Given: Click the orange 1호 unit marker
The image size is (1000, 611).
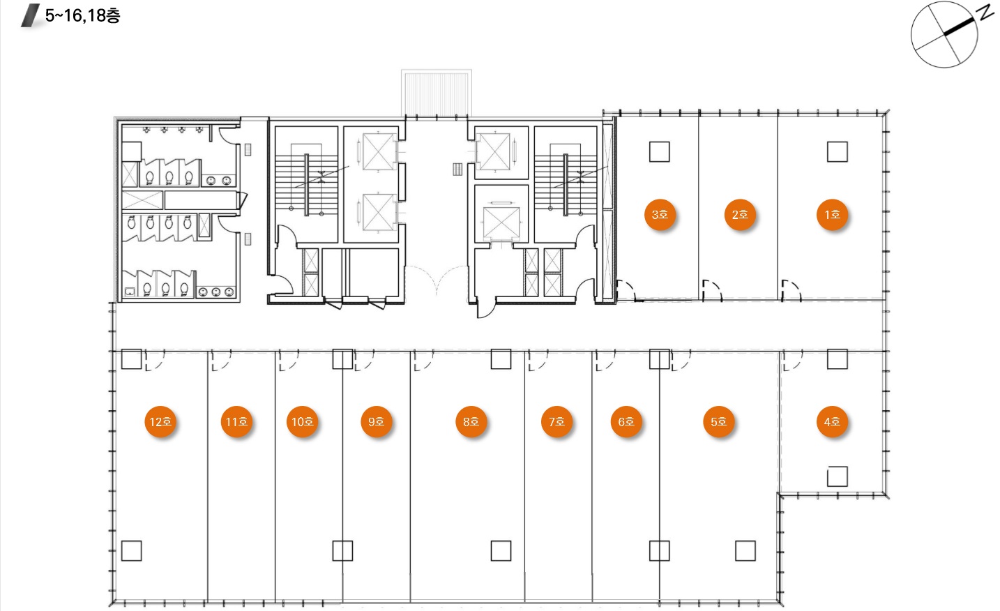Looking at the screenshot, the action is pyautogui.click(x=832, y=215).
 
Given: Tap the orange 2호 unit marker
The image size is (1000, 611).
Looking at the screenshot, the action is pyautogui.click(x=740, y=215).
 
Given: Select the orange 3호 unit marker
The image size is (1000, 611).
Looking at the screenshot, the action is pyautogui.click(x=660, y=215).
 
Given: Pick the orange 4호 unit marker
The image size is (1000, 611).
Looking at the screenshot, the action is pyautogui.click(x=832, y=421).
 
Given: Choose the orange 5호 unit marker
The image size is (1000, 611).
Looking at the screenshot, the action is pyautogui.click(x=719, y=421).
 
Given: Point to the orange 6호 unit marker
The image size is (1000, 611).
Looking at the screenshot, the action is pyautogui.click(x=626, y=421).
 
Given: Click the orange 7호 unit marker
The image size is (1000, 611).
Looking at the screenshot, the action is pyautogui.click(x=556, y=421).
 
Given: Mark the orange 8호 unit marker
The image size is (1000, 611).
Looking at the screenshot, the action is pyautogui.click(x=471, y=421).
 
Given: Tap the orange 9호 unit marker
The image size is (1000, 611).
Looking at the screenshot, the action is pyautogui.click(x=377, y=421).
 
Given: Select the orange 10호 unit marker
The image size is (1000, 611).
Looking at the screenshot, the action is pyautogui.click(x=302, y=421).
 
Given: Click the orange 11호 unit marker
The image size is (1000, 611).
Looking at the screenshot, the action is pyautogui.click(x=236, y=421).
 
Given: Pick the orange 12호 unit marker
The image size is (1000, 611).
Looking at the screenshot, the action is pyautogui.click(x=160, y=421).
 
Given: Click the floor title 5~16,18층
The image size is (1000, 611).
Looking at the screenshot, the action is pyautogui.click(x=82, y=15).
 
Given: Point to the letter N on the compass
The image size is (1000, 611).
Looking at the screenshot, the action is pyautogui.click(x=986, y=13).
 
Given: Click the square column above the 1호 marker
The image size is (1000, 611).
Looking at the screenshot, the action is pyautogui.click(x=837, y=152).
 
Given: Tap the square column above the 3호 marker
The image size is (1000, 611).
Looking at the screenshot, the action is pyautogui.click(x=660, y=152).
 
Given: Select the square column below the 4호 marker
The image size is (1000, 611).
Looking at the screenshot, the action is pyautogui.click(x=837, y=476).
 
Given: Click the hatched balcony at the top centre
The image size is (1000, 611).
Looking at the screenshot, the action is pyautogui.click(x=436, y=93).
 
